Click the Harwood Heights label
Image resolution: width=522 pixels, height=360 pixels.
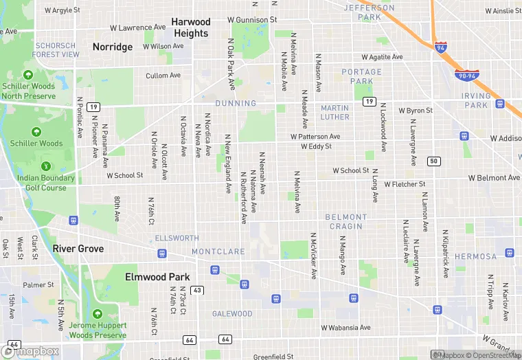[190, 27]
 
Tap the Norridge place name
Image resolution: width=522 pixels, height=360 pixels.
[113, 47]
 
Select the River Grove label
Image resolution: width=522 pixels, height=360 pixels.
[78, 249]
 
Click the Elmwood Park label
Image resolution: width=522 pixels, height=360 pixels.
[157, 277]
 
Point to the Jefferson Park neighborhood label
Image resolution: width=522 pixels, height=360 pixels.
[369, 12]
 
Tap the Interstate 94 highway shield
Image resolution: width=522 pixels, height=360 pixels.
[441, 47]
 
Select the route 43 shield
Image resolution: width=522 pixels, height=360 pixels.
[196, 291]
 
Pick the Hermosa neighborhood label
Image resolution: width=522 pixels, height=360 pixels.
[475, 256]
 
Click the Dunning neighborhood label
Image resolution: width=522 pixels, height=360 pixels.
[236, 103]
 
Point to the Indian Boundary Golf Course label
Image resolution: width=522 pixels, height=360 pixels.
[45, 183]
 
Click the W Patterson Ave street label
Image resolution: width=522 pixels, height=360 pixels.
[315, 137]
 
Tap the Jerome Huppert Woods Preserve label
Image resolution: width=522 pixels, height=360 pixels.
[98, 330]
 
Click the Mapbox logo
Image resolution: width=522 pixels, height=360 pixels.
[32, 351]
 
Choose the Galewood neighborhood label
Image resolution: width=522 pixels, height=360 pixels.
[231, 314]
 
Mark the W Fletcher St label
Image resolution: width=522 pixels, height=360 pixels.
[405, 184]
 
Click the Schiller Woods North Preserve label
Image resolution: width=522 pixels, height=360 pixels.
[28, 91]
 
